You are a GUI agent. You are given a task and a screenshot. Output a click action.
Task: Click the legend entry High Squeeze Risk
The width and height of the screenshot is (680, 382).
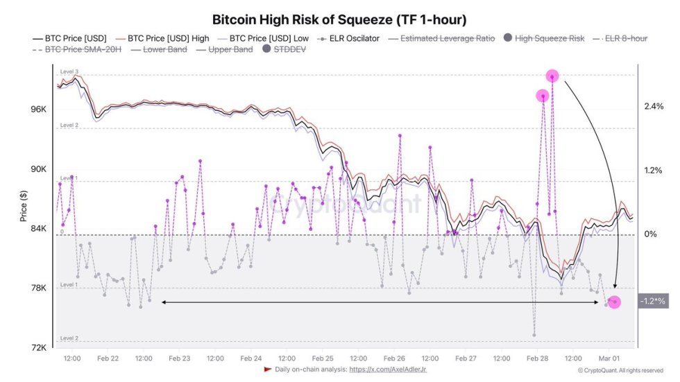click(x=545, y=38)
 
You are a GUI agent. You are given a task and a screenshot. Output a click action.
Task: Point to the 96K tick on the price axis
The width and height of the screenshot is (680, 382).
click(x=37, y=110)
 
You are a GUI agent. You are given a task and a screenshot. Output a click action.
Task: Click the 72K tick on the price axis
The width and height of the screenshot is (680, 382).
click(x=37, y=347)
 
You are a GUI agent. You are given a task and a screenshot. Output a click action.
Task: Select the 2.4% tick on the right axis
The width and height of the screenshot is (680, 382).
click(x=654, y=106)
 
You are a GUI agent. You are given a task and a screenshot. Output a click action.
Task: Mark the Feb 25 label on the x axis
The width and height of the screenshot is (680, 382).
click(x=323, y=358)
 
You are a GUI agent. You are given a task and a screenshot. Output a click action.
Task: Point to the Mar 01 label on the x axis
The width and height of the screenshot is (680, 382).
click(x=611, y=358)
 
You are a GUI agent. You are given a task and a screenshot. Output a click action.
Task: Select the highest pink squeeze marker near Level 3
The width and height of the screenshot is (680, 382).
click(x=552, y=76)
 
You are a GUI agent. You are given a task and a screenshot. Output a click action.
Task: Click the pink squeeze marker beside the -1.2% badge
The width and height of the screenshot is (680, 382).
click(x=614, y=302)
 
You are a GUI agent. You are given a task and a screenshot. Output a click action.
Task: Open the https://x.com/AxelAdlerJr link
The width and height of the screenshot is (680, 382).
click(x=389, y=370)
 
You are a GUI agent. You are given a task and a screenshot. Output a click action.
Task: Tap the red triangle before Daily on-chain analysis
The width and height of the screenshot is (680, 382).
click(x=267, y=370)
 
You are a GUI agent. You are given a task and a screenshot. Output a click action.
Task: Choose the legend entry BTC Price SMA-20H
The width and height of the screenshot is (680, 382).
click(x=77, y=49)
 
